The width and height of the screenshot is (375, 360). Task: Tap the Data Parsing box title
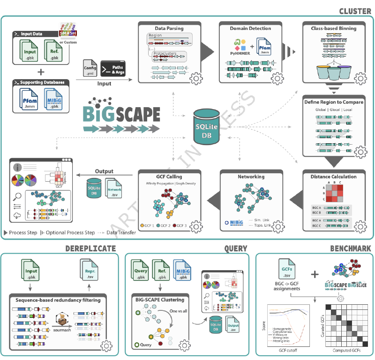pos(169,29)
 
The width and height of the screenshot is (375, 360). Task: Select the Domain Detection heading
pos(251,29)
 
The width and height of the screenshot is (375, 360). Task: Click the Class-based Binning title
pos(333,29)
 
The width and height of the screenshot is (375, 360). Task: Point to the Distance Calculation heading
pos(333,176)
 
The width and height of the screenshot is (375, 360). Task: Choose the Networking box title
pos(251,176)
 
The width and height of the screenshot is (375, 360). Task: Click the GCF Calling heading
pos(169,176)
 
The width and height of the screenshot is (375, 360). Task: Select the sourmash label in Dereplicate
pos(63,330)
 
